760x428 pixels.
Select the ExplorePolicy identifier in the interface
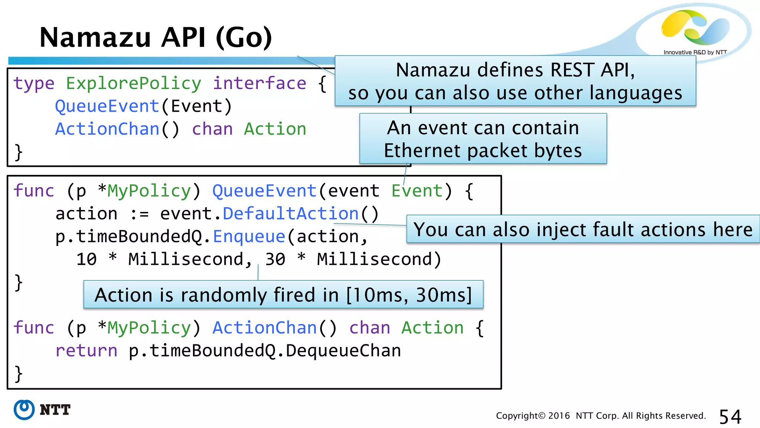point(134,83)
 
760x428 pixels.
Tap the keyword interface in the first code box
point(259,83)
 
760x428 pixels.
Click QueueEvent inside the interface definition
point(107,106)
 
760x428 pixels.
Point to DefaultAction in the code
point(291,214)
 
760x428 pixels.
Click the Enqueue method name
point(249,237)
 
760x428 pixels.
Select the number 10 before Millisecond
point(86,259)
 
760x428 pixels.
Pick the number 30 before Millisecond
point(275,259)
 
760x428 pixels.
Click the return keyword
point(86,351)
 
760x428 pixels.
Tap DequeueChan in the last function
point(343,351)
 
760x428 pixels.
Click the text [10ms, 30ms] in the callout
point(409,295)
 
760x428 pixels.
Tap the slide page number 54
point(730,416)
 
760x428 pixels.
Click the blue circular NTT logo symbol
point(24,410)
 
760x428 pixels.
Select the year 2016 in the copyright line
point(558,416)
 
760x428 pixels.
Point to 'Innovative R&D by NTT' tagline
point(695,52)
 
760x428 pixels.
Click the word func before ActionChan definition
point(34,328)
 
